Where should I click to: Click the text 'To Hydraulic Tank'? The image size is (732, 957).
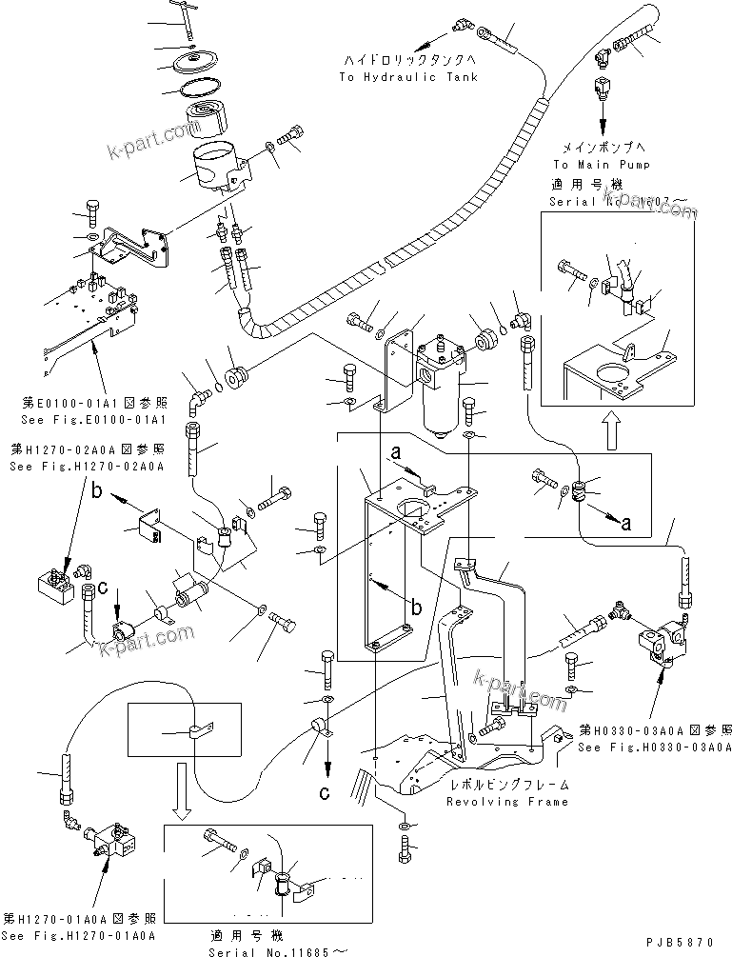(407, 77)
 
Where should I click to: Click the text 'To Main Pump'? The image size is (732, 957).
(602, 164)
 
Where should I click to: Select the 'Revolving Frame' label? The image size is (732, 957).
(507, 802)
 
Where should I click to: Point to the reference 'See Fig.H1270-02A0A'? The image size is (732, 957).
(87, 467)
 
